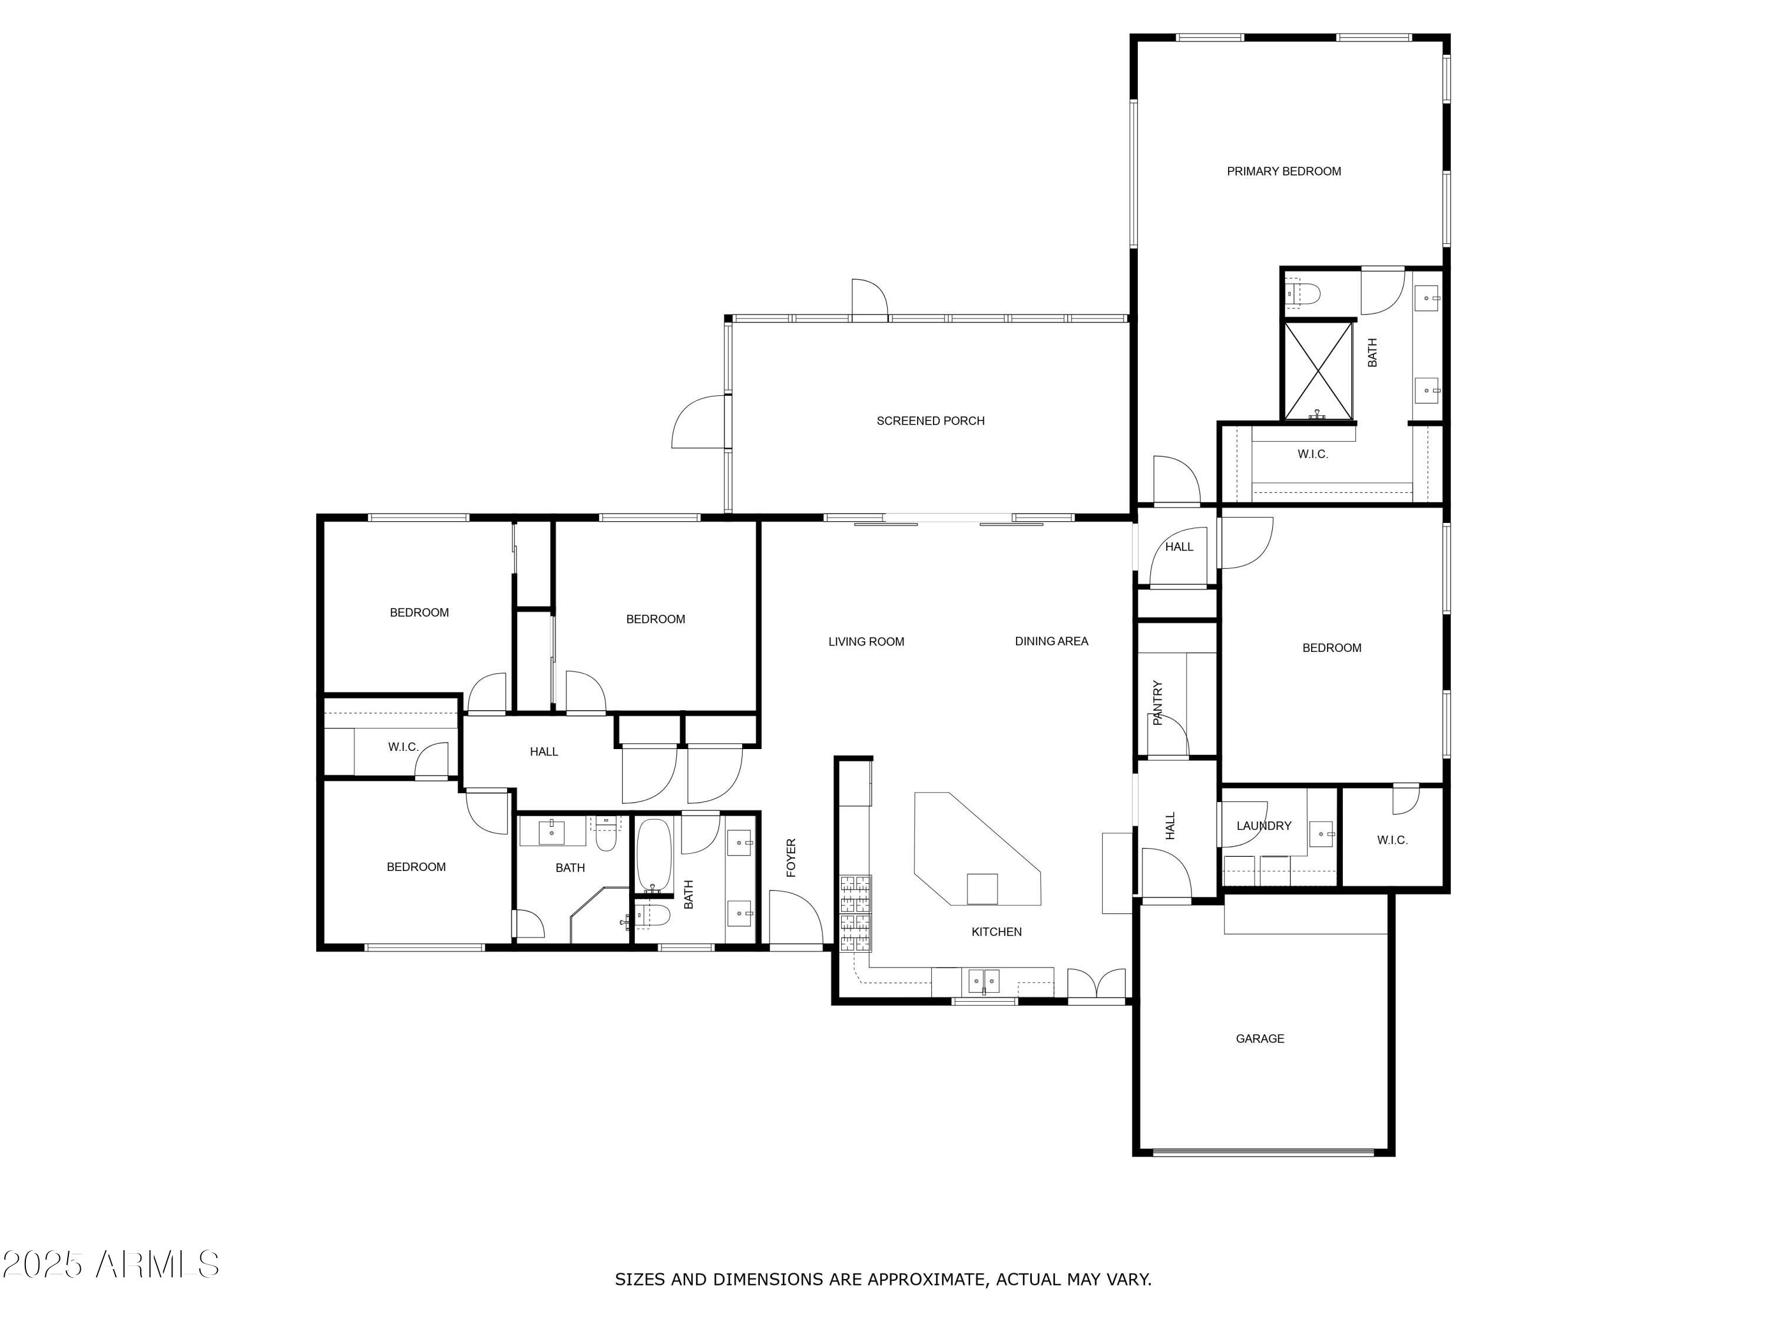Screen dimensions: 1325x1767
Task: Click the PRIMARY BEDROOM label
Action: [1283, 171]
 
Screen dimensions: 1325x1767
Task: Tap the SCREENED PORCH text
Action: [930, 421]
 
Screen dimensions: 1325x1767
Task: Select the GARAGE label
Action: [1260, 1038]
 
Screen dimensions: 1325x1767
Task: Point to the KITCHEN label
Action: [996, 931]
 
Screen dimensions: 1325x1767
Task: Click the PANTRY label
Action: [1157, 702]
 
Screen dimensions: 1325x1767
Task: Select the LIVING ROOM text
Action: [866, 641]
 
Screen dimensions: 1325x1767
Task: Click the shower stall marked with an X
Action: [1318, 370]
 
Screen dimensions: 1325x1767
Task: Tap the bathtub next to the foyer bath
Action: [655, 854]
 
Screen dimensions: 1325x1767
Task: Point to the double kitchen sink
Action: [984, 980]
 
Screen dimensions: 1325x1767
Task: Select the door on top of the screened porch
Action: [869, 300]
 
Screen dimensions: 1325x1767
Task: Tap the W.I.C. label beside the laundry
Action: [1392, 839]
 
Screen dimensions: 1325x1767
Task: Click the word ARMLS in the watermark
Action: [157, 1264]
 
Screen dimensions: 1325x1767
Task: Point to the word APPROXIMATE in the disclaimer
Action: [925, 1278]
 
